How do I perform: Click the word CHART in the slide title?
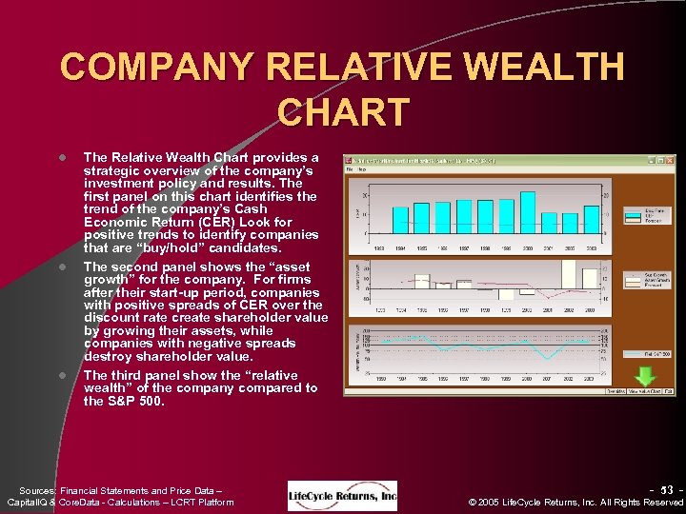tap(343, 111)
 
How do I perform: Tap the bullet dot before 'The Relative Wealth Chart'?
tap(62, 158)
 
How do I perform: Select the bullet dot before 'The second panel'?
tap(62, 267)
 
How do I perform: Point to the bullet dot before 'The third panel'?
tap(62, 375)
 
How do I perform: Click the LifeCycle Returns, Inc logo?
tap(342, 495)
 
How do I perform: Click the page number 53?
tap(666, 489)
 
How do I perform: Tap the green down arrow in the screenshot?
tap(644, 378)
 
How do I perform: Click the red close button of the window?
tap(670, 160)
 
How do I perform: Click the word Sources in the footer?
tap(37, 489)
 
